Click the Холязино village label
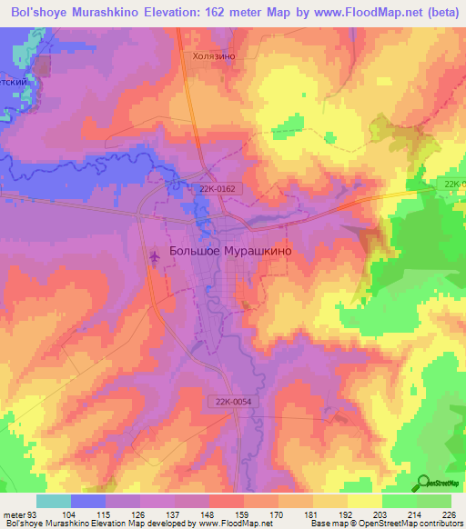click(214, 55)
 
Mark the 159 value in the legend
click(243, 514)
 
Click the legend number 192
click(346, 514)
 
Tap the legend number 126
click(139, 514)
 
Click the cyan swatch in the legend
click(54, 501)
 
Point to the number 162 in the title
click(257, 12)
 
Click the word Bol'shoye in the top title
click(43, 12)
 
